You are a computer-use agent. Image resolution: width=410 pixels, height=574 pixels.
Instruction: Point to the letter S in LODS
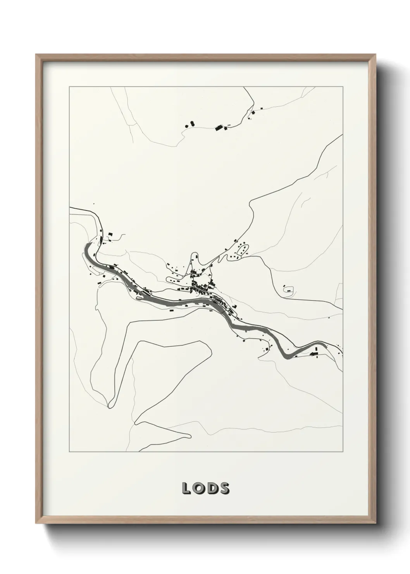click(x=224, y=489)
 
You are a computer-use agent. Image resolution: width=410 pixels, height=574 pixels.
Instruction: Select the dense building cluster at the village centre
click(x=202, y=287)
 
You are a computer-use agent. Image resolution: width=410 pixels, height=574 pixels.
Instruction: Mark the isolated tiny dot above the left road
click(x=93, y=204)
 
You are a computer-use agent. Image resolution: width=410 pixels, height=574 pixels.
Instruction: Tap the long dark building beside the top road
click(x=220, y=127)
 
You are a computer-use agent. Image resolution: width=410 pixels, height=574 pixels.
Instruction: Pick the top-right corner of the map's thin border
click(x=343, y=87)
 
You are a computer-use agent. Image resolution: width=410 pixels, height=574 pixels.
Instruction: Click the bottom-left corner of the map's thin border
click(x=69, y=452)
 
